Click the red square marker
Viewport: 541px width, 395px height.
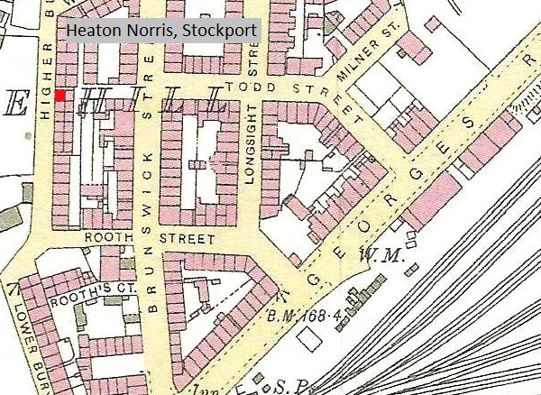point(60,96)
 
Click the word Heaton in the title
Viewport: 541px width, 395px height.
point(92,31)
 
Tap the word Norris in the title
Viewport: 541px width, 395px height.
point(150,31)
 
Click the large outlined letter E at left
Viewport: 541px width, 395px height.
point(15,104)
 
